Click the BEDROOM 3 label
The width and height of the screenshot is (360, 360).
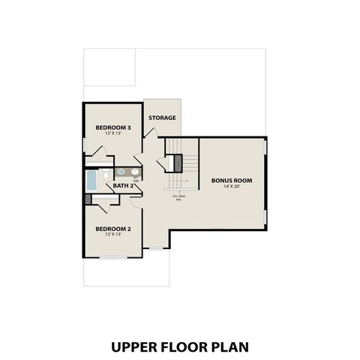[113, 128]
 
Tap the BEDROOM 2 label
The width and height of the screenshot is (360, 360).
[113, 228]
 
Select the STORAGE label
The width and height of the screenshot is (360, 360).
[162, 118]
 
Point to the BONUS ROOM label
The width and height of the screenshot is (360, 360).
[232, 181]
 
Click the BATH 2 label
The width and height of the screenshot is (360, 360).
[123, 186]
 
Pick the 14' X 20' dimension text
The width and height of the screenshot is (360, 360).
[232, 187]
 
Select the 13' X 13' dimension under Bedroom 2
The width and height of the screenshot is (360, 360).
[113, 235]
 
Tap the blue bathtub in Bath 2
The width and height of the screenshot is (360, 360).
[91, 179]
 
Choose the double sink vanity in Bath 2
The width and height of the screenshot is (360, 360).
[127, 172]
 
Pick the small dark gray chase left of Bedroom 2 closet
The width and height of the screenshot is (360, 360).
[88, 199]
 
